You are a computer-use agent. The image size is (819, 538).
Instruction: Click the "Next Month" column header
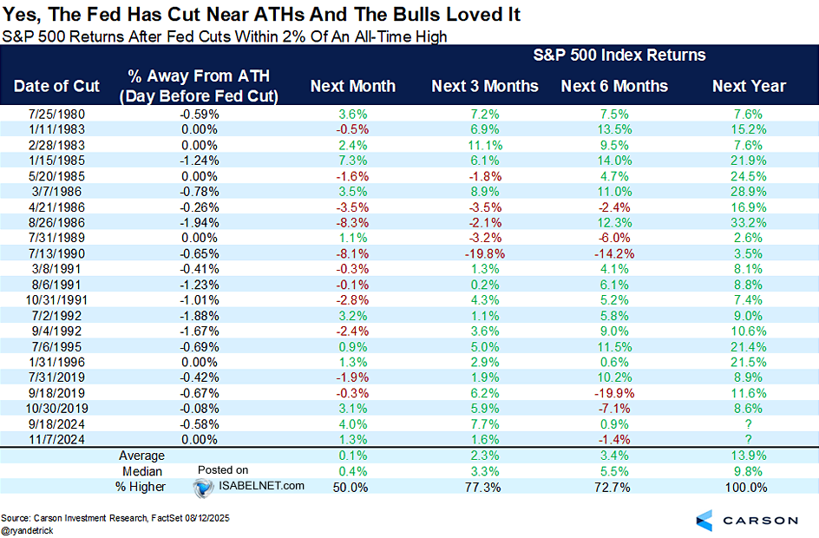click(352, 86)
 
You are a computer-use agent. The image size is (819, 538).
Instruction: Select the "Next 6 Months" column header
click(614, 86)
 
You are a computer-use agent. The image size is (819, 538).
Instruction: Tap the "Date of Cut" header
click(56, 86)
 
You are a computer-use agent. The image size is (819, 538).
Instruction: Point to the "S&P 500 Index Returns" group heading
click(618, 56)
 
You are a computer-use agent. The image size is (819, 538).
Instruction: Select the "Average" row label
click(141, 455)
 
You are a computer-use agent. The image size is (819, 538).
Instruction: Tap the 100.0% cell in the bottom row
click(748, 487)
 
